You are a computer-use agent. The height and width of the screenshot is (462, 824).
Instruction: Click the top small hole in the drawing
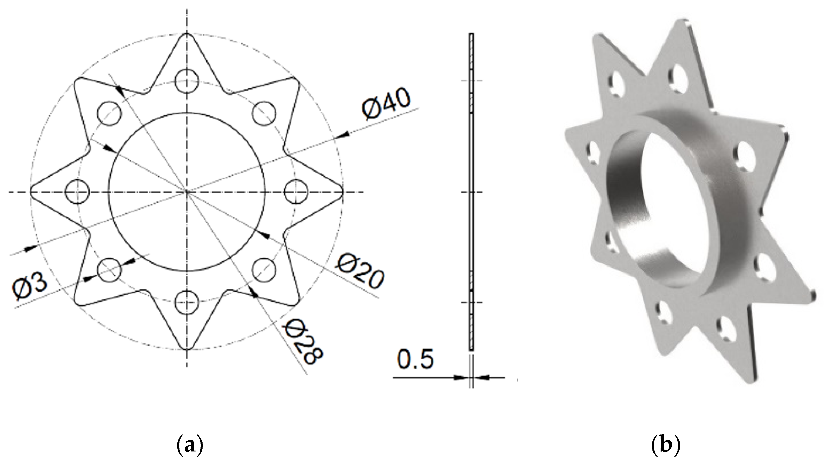pyautogui.click(x=187, y=81)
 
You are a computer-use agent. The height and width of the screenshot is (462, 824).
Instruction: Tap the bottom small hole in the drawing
pyautogui.click(x=187, y=302)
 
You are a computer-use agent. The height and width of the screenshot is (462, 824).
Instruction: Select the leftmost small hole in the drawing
pyautogui.click(x=77, y=192)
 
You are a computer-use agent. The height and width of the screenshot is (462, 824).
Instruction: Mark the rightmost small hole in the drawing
pyautogui.click(x=296, y=192)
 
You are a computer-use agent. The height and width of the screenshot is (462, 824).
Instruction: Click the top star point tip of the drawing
pyautogui.click(x=187, y=34)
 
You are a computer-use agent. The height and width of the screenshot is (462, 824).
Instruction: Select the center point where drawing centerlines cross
pyautogui.click(x=187, y=192)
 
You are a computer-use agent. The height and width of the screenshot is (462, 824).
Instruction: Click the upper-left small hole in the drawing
pyautogui.click(x=109, y=114)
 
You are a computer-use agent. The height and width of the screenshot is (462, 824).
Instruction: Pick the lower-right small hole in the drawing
pyautogui.click(x=264, y=269)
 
